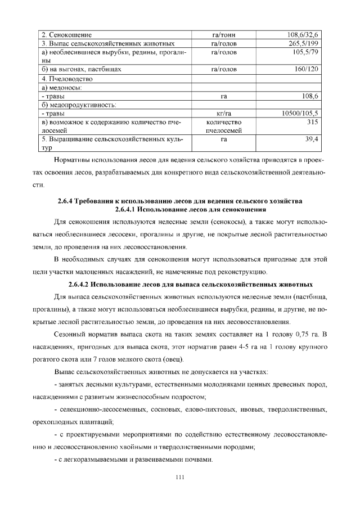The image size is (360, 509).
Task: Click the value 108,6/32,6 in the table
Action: click(x=303, y=34)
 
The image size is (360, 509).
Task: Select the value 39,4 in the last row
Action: click(x=312, y=139)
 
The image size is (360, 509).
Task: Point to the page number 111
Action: click(x=180, y=477)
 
